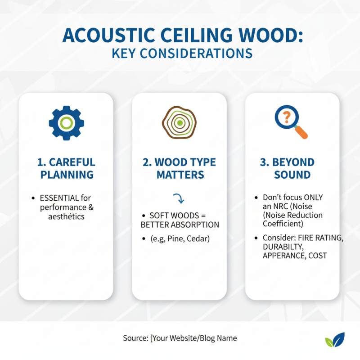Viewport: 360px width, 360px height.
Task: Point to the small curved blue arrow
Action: [179, 199]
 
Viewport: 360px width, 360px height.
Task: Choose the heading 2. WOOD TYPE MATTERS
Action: [180, 168]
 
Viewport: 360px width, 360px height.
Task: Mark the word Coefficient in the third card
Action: [283, 224]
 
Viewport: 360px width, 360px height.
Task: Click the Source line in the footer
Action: [180, 338]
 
